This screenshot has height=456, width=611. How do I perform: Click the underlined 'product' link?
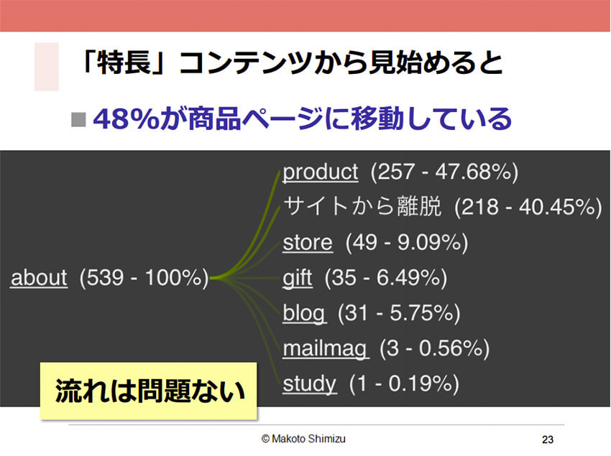click(x=321, y=172)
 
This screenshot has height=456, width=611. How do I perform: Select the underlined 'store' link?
click(x=308, y=243)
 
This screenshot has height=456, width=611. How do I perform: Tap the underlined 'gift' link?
click(x=298, y=278)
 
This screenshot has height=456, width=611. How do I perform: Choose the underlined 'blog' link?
click(x=304, y=314)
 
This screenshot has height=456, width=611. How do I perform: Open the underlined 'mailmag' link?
click(x=325, y=349)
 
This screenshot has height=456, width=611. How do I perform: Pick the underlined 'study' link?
click(x=309, y=384)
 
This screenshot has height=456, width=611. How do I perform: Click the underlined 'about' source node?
click(x=39, y=278)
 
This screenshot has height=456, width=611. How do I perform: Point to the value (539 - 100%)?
click(x=144, y=278)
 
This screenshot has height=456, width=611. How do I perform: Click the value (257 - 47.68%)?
click(x=444, y=172)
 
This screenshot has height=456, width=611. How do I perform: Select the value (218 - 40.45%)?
click(x=528, y=207)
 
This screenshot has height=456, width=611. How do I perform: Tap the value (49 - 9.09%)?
click(x=406, y=243)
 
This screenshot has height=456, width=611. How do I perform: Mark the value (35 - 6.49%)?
click(x=386, y=278)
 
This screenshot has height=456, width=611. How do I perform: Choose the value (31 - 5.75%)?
click(x=399, y=314)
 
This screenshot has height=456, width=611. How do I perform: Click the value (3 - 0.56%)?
click(x=434, y=349)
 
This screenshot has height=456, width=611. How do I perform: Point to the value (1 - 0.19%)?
click(x=404, y=384)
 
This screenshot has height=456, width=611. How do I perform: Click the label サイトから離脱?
click(x=362, y=206)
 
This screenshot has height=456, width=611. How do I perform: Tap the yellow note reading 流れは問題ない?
click(x=149, y=391)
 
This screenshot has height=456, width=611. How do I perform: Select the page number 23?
click(x=548, y=439)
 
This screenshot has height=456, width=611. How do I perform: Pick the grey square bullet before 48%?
click(x=78, y=119)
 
